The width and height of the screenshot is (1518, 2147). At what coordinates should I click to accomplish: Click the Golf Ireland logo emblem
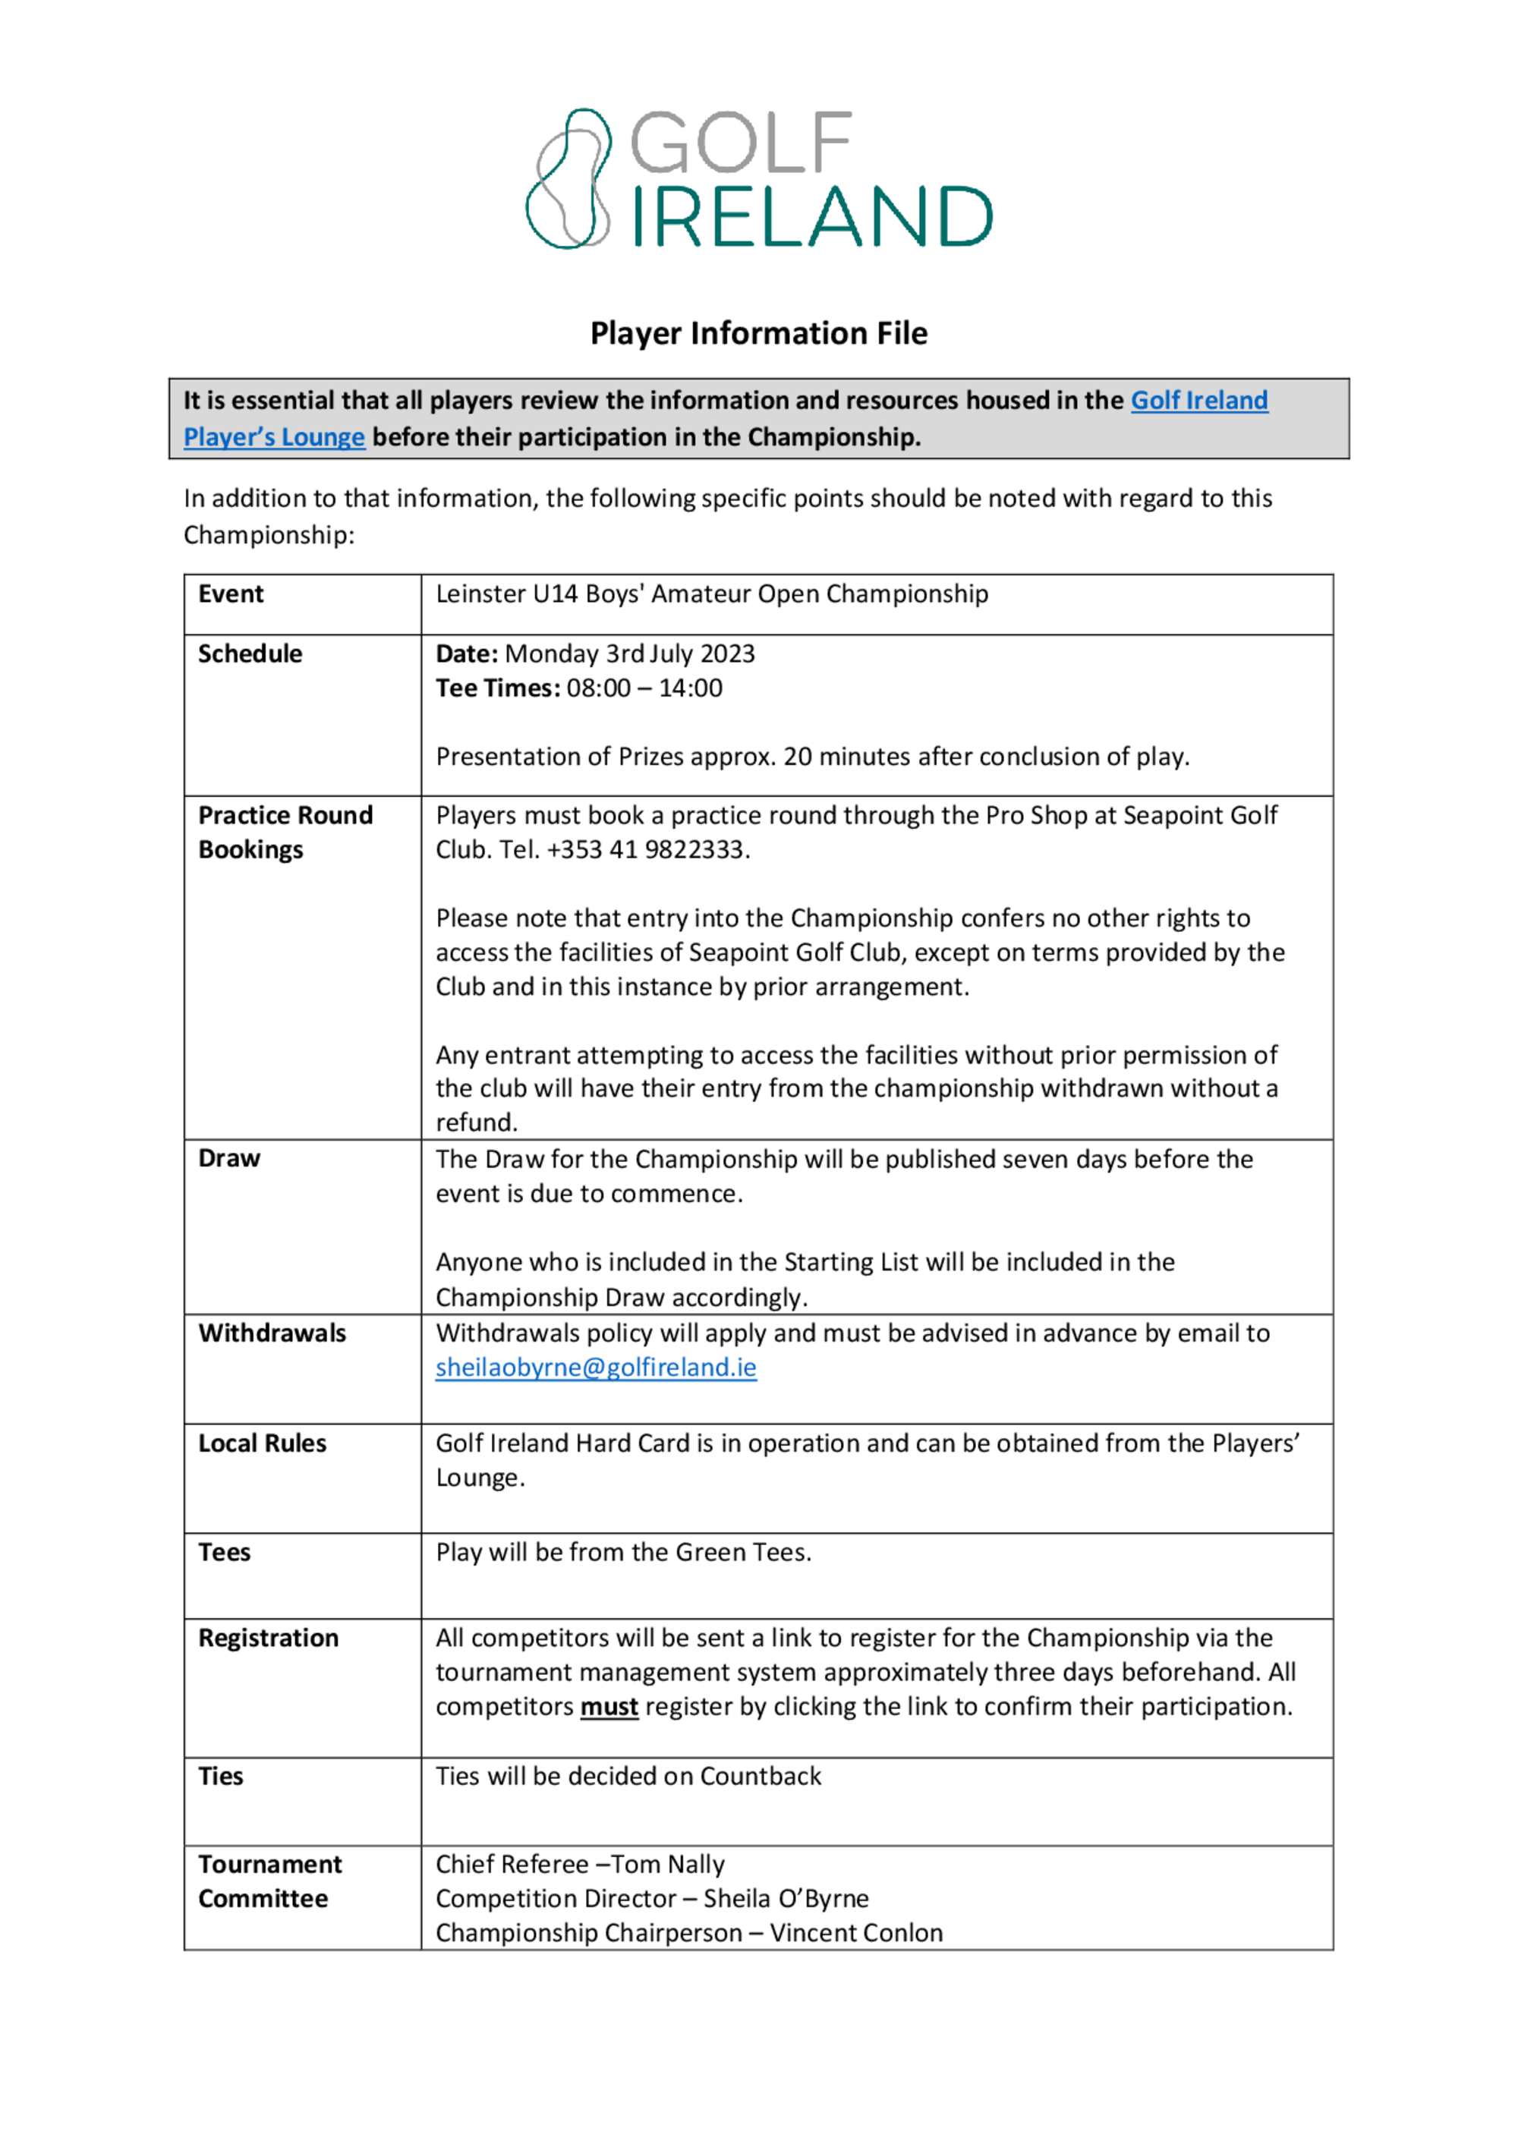pos(568,178)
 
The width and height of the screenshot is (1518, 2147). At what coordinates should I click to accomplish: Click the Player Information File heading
pos(758,333)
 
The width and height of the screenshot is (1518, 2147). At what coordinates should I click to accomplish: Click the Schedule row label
pos(250,653)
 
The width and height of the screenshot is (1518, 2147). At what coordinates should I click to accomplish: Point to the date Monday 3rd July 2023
pos(629,653)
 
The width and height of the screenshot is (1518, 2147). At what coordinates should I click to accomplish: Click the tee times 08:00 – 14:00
pos(644,688)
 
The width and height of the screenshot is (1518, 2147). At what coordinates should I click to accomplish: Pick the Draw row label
pos(229,1159)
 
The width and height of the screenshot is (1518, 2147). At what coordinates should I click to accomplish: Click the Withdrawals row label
pos(272,1333)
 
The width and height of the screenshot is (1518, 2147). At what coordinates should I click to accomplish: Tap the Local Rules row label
pos(262,1443)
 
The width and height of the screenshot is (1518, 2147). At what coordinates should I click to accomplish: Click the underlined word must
pos(609,1707)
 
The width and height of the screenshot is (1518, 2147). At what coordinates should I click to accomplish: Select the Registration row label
pos(269,1639)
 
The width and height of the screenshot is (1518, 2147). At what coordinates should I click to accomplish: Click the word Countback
pos(760,1776)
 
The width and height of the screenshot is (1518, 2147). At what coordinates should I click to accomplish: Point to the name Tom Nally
pos(668,1865)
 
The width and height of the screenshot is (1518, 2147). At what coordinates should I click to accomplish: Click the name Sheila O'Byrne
pos(786,1898)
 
